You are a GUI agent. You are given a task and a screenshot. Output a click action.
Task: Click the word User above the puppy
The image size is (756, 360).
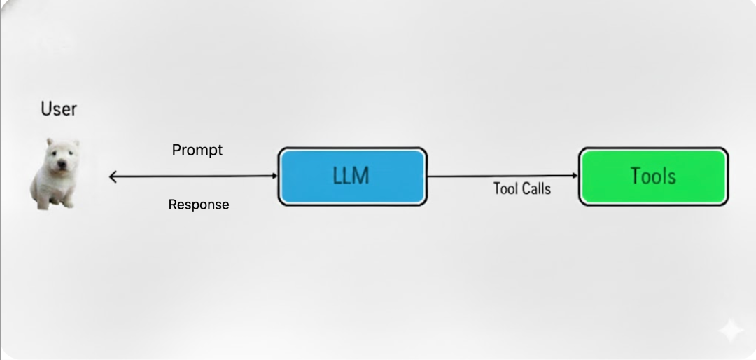point(59,109)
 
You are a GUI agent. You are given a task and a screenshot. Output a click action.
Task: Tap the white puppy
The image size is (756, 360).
point(55,174)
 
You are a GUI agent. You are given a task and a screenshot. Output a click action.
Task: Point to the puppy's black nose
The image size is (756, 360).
point(61,165)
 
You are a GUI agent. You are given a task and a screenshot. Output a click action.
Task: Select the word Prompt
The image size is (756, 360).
point(197,150)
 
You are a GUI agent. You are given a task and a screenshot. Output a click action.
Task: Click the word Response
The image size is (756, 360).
point(199,205)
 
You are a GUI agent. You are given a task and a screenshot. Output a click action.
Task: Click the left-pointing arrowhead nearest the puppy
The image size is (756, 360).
point(113,177)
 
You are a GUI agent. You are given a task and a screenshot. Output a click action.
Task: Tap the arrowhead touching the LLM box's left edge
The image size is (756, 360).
point(274,176)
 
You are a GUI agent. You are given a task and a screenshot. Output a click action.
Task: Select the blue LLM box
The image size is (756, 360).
point(352,176)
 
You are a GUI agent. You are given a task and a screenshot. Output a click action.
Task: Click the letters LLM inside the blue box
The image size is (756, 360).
point(351,176)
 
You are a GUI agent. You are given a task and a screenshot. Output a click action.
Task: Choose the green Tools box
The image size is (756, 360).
point(653,176)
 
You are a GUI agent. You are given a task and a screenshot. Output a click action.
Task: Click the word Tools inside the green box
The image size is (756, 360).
point(653,176)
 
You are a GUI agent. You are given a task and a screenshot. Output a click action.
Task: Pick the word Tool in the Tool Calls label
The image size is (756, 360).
point(504,188)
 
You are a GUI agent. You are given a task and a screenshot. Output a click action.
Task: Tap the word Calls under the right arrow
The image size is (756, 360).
point(535,188)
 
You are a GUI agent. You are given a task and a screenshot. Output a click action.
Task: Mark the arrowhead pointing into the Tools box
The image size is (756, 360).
point(575,176)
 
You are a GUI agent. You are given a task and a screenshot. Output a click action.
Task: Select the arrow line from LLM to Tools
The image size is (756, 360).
point(503,176)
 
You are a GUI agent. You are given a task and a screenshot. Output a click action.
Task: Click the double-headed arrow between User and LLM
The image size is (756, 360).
point(194,176)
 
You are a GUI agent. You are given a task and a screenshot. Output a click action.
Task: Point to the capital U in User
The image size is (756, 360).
point(46,109)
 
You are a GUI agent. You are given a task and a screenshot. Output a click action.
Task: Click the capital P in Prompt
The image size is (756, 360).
point(176,150)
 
